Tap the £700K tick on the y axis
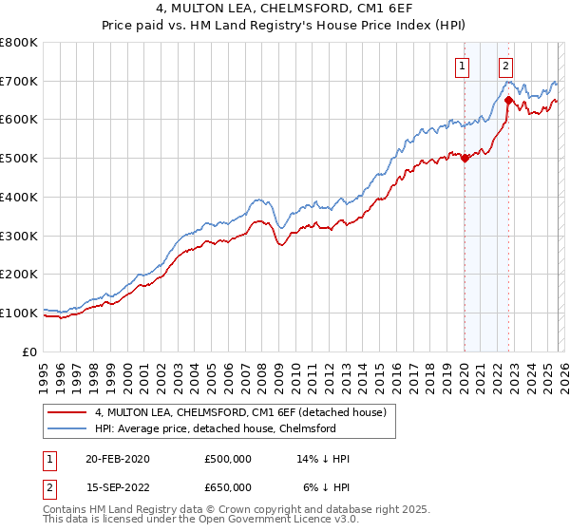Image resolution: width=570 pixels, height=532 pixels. [19, 82]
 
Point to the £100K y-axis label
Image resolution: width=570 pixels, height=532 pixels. [19, 313]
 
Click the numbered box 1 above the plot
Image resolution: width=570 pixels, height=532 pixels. [462, 66]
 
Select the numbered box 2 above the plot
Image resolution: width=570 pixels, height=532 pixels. [505, 66]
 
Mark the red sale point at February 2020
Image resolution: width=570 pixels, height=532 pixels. [465, 159]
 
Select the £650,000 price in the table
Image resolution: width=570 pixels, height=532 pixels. [228, 487]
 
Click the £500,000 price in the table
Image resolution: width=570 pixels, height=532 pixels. [228, 459]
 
